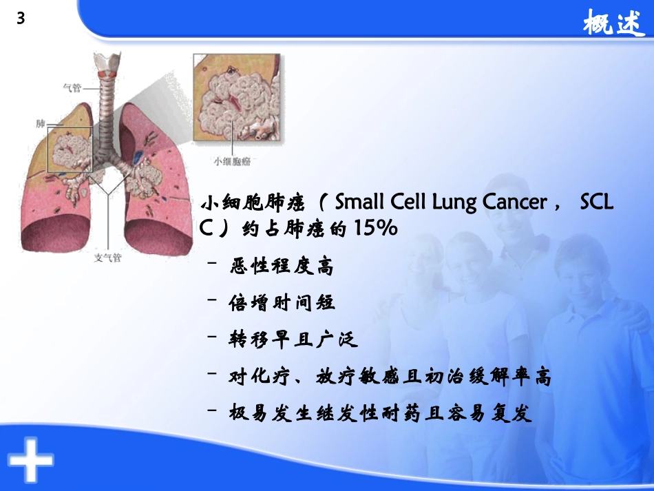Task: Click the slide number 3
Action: point(20,19)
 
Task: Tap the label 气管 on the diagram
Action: point(72,87)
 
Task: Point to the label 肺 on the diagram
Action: point(41,123)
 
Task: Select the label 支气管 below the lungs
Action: point(107,259)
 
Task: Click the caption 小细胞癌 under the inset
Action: point(232,161)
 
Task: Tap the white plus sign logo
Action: point(30,458)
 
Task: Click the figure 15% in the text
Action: point(375,229)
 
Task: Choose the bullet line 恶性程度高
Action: point(281,267)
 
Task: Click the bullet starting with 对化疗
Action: point(390,377)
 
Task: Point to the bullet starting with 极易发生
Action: point(381,415)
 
